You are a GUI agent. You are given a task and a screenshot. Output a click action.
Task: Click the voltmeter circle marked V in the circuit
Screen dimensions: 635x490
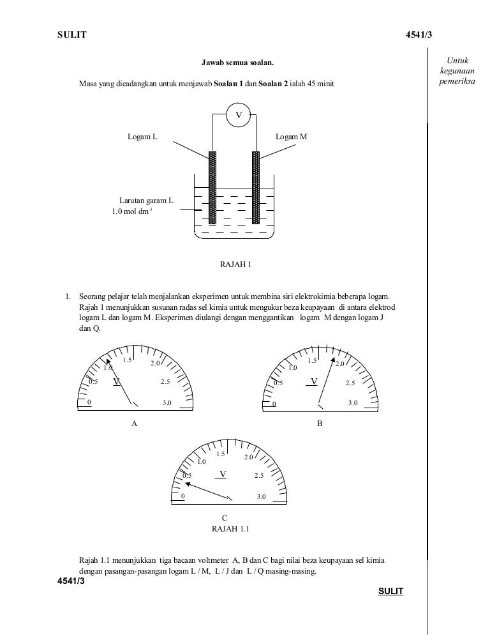pos(239,116)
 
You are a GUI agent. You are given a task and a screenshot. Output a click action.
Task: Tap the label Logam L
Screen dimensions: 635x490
pos(142,137)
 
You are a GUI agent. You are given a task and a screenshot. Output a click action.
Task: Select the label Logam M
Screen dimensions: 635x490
pos(291,137)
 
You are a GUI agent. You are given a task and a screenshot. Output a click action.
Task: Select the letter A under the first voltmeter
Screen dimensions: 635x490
pos(134,423)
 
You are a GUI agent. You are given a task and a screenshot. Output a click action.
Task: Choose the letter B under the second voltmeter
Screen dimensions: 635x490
pos(320,423)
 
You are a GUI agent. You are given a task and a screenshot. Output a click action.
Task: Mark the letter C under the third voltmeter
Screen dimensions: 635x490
pos(225,518)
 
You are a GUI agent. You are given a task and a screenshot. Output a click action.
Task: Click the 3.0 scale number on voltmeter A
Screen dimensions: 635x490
pos(167,402)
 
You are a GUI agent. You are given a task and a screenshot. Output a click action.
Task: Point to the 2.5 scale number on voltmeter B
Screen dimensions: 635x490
pos(350,383)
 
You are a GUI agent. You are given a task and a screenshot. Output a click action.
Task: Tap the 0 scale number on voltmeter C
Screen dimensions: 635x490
pos(183,496)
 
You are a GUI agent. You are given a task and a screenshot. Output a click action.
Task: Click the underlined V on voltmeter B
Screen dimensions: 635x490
pos(313,382)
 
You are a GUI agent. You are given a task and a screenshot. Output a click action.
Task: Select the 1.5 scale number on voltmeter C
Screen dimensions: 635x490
pos(221,454)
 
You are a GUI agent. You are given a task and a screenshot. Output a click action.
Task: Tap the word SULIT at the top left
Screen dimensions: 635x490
pos(71,34)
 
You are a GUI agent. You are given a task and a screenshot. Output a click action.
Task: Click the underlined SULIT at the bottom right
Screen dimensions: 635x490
pos(390,592)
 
